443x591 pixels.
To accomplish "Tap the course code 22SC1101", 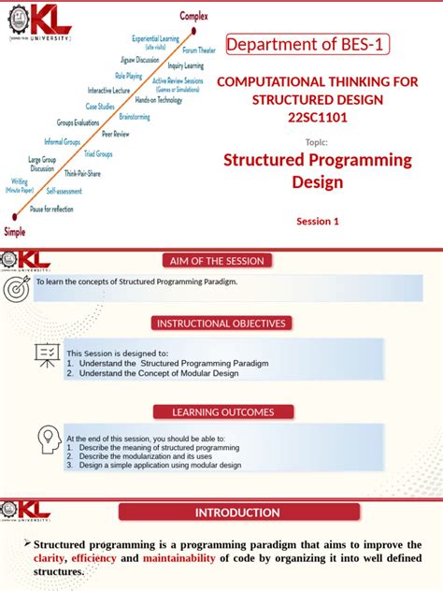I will tap(317, 116).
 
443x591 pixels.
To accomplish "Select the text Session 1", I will tap(317, 222).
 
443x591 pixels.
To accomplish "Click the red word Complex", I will tap(195, 16).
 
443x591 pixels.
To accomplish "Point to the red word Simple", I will tap(15, 230).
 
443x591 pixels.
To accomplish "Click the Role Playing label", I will tap(128, 74).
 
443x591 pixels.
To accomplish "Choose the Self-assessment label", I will tap(64, 190).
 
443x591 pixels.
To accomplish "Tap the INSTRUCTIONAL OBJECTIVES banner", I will tap(221, 324).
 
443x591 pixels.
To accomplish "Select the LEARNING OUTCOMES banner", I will tap(222, 411).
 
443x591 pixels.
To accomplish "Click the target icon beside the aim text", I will tap(17, 289).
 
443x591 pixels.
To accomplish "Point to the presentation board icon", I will tap(46, 354).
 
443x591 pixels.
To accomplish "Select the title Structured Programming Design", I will tap(317, 169).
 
